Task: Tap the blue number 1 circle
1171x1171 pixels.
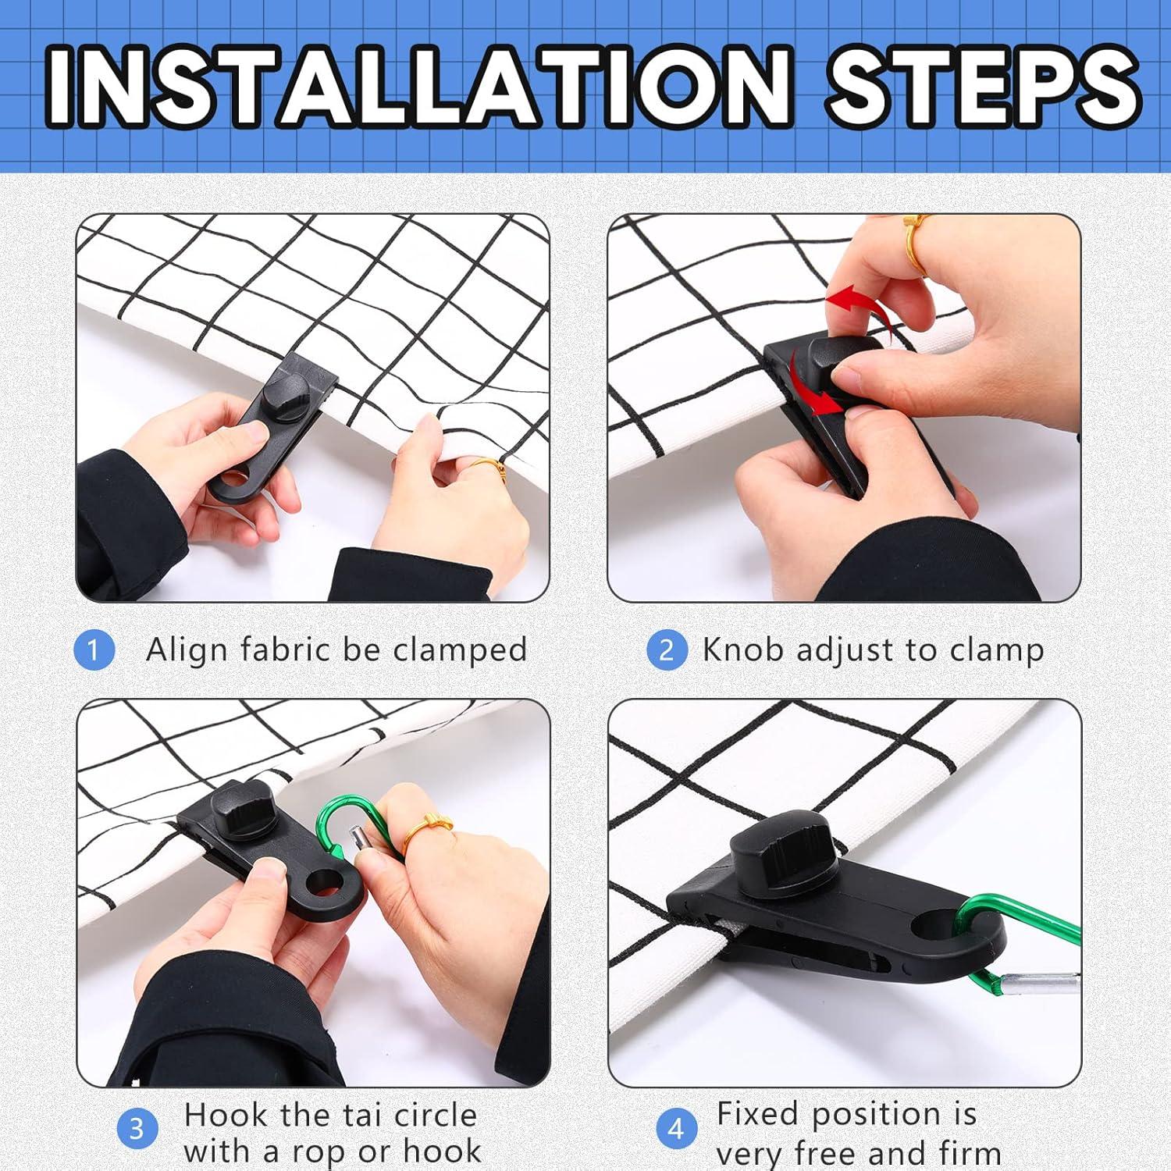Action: point(94,650)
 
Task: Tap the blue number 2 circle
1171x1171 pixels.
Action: point(667,650)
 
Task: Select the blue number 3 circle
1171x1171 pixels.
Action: point(137,1129)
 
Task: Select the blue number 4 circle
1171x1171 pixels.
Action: point(676,1129)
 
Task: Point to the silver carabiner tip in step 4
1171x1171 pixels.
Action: point(1041,987)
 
